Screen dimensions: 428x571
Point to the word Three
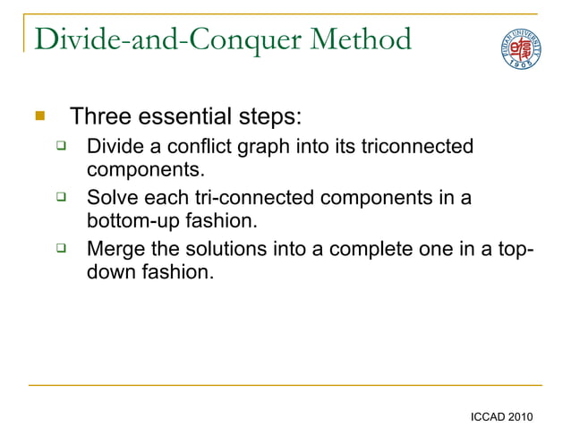pos(99,117)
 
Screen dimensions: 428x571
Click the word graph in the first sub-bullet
pos(260,146)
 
